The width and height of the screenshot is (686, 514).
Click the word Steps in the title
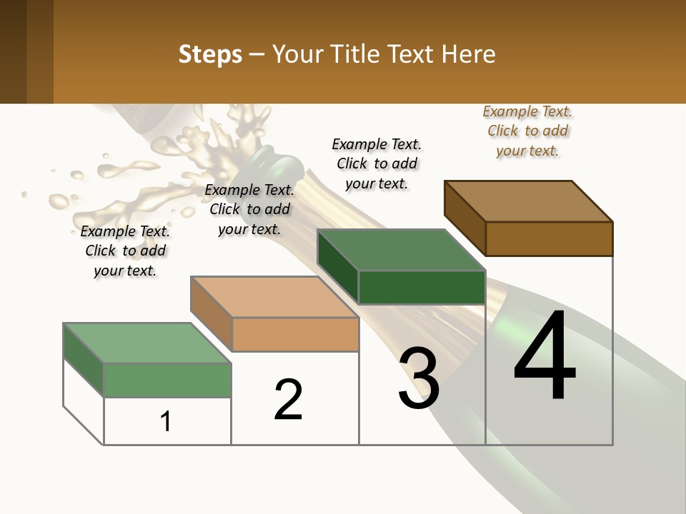point(210,54)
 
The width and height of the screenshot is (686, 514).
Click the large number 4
point(545,356)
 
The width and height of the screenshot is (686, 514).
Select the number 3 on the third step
point(419,378)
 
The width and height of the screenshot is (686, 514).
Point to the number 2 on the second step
point(289,399)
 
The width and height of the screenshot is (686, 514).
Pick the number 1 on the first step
point(166,421)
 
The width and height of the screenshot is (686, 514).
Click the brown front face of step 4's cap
point(549,238)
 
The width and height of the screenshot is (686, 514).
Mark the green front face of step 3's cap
point(422,288)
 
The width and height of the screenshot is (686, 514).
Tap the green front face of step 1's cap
point(167,380)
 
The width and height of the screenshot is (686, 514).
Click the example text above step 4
point(528,131)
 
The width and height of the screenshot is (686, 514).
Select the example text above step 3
point(377,163)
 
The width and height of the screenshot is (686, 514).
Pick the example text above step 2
point(249,209)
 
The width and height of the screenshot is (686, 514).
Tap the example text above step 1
point(125,251)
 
